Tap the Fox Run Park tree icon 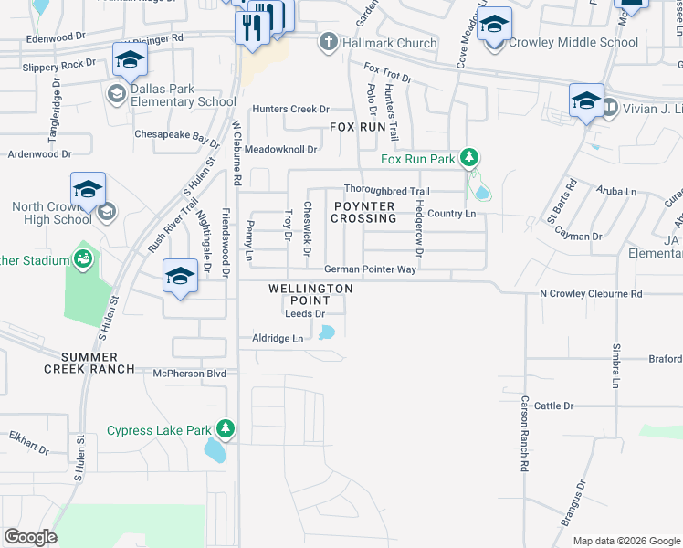469,158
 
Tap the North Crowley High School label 52,213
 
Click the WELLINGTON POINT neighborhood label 310,294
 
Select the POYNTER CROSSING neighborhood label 363,212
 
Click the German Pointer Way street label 370,270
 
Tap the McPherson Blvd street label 189,373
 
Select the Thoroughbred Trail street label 386,191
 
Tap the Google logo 30,537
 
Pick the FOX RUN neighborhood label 357,127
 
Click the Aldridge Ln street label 278,338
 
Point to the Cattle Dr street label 553,406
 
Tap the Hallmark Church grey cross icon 329,42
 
